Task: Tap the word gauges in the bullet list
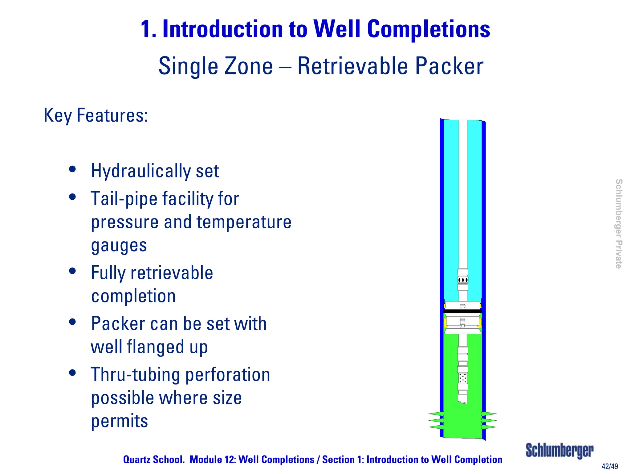pos(119,246)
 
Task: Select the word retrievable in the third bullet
pos(172,273)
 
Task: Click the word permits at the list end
pos(120,421)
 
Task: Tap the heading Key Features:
pos(96,115)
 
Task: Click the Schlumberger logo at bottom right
pos(559,451)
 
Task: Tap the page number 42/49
pos(610,466)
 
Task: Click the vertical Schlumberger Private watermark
pos(618,224)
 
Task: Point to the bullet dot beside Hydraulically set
pos(72,169)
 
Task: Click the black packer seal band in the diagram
pos(462,311)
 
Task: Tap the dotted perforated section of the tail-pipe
pos(462,378)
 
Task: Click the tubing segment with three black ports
pos(462,280)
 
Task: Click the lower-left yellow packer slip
pos(445,323)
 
